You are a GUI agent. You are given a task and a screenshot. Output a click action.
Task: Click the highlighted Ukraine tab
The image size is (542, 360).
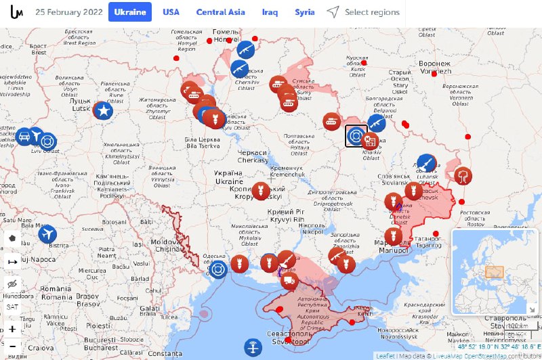(130, 12)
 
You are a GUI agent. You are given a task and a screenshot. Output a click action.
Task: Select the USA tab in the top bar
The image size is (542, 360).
(171, 12)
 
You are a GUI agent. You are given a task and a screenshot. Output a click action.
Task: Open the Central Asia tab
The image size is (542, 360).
(221, 12)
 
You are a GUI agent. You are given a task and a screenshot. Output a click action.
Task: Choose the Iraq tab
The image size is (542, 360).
(270, 12)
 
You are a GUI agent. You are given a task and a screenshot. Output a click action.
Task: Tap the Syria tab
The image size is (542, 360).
(305, 12)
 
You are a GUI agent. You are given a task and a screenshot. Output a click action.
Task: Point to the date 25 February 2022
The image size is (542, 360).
(69, 12)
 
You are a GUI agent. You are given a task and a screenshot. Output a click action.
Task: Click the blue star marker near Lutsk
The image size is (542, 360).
(103, 111)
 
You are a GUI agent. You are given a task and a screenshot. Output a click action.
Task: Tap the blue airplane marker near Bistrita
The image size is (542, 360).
(47, 234)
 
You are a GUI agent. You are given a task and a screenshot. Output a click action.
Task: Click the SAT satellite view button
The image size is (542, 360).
(13, 307)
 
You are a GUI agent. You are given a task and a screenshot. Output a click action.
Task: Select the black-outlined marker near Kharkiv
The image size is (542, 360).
(356, 136)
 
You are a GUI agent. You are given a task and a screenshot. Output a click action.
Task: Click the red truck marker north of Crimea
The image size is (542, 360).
(289, 280)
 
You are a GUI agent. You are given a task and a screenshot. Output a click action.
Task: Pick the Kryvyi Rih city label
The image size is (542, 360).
(287, 215)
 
